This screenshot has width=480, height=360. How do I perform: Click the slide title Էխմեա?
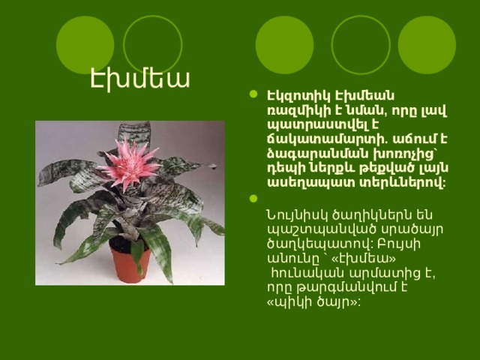point(140,79)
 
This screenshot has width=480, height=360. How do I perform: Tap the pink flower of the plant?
point(129,163)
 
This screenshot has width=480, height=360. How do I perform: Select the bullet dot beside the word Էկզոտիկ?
point(253,94)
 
